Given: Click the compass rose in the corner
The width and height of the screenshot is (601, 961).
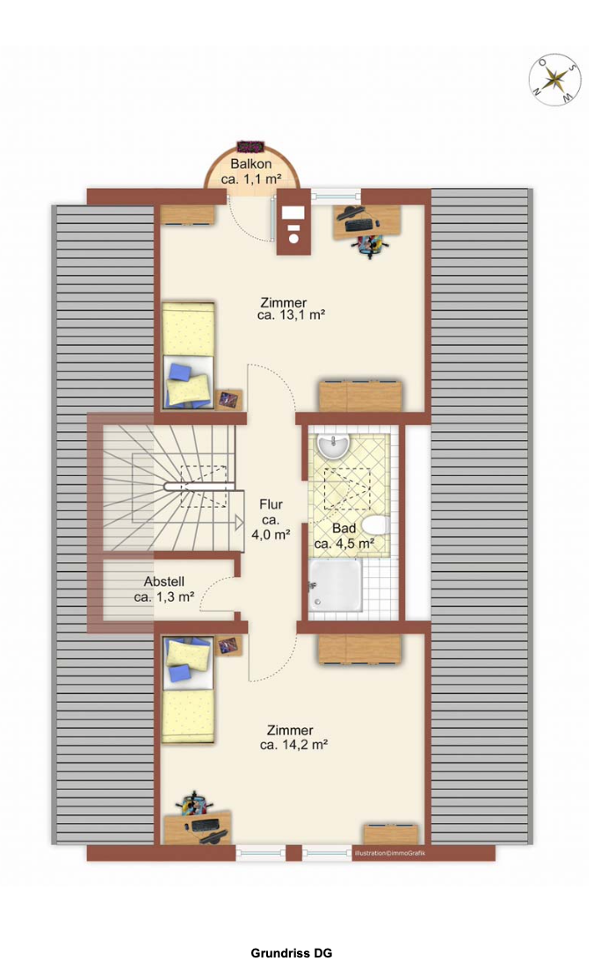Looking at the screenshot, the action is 555,80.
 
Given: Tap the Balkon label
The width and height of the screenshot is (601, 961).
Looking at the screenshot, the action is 250,164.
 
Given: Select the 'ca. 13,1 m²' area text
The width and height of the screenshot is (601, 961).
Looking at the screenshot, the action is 292,315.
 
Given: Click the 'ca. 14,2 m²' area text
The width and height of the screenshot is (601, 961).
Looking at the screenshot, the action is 293,745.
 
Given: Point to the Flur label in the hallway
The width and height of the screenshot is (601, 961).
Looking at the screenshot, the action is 271,504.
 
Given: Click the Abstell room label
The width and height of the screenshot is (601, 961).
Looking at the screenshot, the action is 163,582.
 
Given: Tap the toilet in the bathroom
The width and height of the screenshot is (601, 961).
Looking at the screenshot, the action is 375,526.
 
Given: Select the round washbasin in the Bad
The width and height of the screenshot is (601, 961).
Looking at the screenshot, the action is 333,445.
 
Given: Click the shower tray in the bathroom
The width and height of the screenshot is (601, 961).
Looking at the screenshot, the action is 336,585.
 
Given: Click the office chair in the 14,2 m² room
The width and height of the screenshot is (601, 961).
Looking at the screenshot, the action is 194,802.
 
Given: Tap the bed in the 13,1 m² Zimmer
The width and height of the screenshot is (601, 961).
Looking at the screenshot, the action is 188,356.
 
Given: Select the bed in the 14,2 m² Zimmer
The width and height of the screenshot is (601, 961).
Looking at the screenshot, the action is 188,690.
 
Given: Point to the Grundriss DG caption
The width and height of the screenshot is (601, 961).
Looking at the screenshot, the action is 292,953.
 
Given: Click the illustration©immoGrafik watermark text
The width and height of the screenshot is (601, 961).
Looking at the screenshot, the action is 390,853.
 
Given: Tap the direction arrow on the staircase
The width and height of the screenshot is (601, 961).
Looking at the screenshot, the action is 240,522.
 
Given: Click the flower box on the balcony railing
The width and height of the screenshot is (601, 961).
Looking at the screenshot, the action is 250,147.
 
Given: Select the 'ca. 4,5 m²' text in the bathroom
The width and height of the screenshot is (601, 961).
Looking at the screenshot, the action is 344,544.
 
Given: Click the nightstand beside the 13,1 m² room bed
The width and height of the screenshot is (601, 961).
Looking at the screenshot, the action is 230,400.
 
